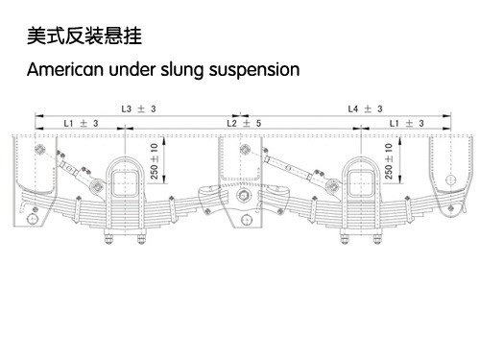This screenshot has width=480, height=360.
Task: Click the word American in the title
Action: [x=65, y=69]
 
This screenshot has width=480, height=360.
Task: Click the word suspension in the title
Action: [x=254, y=70]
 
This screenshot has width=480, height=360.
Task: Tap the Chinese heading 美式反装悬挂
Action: [x=84, y=36]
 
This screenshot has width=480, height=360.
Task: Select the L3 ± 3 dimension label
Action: [x=138, y=108]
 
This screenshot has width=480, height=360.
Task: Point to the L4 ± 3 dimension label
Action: [x=365, y=108]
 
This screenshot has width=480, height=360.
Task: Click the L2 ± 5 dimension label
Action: [x=244, y=123]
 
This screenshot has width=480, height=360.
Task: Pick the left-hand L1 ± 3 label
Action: [x=81, y=123]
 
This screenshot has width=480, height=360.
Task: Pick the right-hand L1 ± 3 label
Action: [x=406, y=123]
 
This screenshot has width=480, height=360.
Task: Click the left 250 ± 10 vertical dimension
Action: [x=155, y=161]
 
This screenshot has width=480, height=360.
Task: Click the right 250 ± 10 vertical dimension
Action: [x=389, y=161]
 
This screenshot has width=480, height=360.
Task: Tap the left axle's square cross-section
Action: [x=125, y=183]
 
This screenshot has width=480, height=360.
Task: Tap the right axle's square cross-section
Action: [x=361, y=183]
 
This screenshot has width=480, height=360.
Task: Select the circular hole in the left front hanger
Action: [x=32, y=219]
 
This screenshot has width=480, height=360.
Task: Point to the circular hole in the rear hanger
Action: [x=450, y=180]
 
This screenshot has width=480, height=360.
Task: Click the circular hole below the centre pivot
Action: [x=246, y=220]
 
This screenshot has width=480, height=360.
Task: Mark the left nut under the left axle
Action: [x=108, y=239]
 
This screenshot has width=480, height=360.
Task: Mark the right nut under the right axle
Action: [x=377, y=239]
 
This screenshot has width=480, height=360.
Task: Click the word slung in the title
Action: [x=181, y=70]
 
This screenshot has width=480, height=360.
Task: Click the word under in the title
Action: [x=132, y=69]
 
